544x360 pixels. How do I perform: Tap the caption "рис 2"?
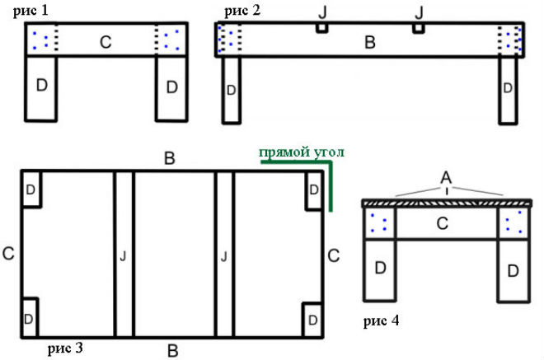(x=242, y=12)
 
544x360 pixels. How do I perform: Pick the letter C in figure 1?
(x=106, y=42)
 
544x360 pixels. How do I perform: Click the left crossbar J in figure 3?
(x=123, y=255)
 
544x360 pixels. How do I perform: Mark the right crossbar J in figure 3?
(x=224, y=255)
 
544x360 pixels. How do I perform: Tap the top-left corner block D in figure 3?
(x=30, y=189)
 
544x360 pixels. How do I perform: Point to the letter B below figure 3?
(x=173, y=352)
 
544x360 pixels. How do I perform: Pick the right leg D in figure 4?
(x=512, y=269)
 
